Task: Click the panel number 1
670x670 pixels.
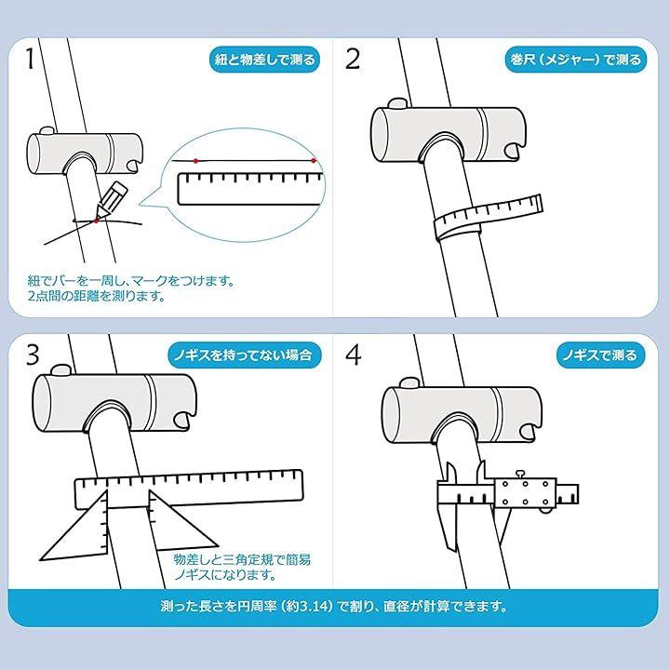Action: coord(30,59)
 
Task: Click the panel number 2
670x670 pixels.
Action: coord(353,59)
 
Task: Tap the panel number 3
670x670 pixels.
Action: coord(33,355)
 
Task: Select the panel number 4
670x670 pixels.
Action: coord(353,355)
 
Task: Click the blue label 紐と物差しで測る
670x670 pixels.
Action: coord(265,59)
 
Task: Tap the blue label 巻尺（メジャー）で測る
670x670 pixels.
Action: coord(576,59)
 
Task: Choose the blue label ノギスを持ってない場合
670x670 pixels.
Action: coord(244,355)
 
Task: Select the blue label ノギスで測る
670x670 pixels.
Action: coord(600,355)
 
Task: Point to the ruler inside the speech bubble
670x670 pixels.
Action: coord(250,188)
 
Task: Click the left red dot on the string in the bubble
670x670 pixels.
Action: coord(195,161)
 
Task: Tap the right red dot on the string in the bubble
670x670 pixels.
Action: coord(314,161)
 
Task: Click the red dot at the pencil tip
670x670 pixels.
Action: coord(96,221)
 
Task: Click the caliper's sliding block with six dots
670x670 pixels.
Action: coord(525,492)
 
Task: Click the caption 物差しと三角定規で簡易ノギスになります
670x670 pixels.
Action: coord(242,567)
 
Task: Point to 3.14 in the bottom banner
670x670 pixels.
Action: coord(314,607)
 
